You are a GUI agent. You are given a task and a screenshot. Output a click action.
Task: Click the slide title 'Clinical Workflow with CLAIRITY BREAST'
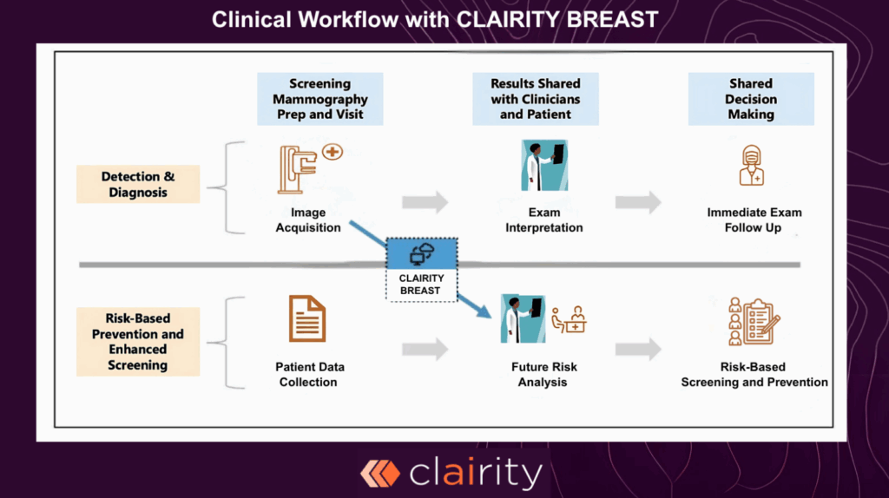[444, 19]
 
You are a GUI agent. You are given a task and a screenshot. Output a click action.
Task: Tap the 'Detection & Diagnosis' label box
[138, 184]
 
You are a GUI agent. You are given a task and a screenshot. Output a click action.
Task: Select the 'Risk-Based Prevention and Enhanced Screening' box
[138, 341]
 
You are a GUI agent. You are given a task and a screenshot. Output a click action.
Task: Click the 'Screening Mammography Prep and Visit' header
[319, 99]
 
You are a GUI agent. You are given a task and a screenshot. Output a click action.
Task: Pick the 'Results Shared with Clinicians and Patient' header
[536, 99]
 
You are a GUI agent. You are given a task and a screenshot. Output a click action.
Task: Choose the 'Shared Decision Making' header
[751, 99]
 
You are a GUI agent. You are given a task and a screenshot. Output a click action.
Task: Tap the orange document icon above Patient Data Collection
[307, 318]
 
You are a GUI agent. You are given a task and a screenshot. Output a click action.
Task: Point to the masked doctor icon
[752, 166]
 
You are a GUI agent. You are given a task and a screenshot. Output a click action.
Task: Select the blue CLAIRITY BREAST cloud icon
[421, 253]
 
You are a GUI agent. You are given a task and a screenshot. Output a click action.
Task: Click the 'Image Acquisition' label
[308, 220]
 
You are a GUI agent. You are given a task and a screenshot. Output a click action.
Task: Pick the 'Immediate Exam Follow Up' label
[754, 220]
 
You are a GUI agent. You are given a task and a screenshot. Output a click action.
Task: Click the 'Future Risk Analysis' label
[544, 374]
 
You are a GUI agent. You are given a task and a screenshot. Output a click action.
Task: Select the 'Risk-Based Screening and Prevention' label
[754, 374]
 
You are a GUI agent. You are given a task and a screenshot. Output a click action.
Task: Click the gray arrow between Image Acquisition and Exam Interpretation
[425, 203]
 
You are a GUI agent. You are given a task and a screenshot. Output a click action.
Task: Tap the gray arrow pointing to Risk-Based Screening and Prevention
[638, 350]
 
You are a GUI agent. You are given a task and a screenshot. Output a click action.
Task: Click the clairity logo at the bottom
[451, 474]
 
